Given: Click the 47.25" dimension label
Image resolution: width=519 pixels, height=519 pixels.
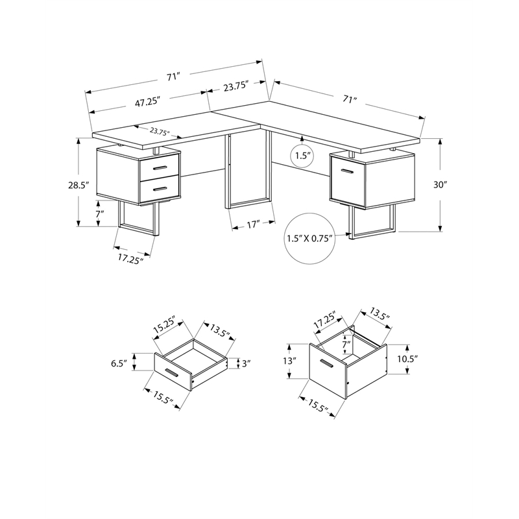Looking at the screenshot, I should point(147,102).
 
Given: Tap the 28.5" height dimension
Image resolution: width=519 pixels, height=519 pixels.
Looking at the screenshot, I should point(78,185).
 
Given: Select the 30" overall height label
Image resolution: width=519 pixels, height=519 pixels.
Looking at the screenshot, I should point(441,185).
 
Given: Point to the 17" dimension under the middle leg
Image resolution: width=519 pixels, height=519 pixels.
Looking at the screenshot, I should point(253,224).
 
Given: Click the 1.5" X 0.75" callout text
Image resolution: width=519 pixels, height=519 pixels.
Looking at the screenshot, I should point(309,238).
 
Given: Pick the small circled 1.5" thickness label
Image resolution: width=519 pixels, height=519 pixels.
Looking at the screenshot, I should point(303,156).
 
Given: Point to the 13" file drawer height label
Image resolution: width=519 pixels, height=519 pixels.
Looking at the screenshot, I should point(290,361).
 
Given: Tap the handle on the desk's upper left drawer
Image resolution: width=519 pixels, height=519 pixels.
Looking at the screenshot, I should point(158,168).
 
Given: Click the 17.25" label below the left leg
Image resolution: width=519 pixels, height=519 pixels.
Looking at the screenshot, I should point(130,259).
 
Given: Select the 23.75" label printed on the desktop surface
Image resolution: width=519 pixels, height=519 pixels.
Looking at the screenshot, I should point(160,131).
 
